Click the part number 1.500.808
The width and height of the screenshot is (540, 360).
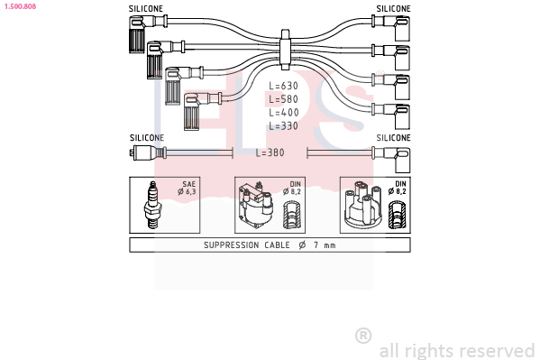pyautogui.click(x=20, y=6)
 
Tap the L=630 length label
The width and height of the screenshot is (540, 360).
pyautogui.click(x=283, y=86)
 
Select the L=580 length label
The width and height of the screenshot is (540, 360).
pyautogui.click(x=283, y=99)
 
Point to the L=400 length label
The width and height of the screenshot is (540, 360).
pyautogui.click(x=283, y=113)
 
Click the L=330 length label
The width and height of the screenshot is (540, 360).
pyautogui.click(x=283, y=125)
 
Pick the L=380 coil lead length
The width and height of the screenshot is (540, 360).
pyautogui.click(x=270, y=152)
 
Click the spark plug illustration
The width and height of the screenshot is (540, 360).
pyautogui.click(x=152, y=205)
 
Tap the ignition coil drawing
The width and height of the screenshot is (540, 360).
pyautogui.click(x=256, y=204)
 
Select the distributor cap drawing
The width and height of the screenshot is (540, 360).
pyautogui.click(x=363, y=205)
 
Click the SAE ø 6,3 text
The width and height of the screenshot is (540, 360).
pyautogui.click(x=187, y=188)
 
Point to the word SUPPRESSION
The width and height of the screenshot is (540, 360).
pyautogui.click(x=231, y=245)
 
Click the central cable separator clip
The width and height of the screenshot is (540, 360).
pyautogui.click(x=285, y=50)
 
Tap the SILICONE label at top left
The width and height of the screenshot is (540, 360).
pyautogui.click(x=146, y=9)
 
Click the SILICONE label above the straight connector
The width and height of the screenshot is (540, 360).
pyautogui.click(x=147, y=138)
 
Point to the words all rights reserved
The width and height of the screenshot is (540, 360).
pyautogui.click(x=457, y=351)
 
